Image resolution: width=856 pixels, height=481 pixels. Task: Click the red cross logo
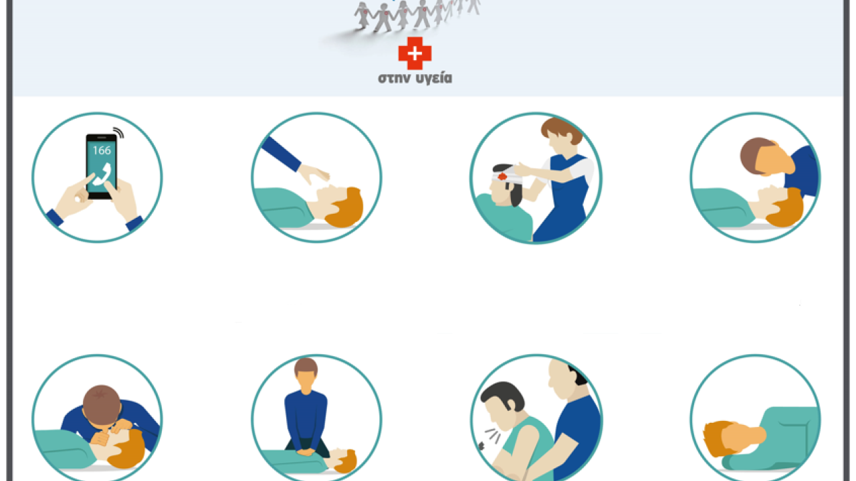(415, 53)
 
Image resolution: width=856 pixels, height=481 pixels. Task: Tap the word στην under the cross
(395, 78)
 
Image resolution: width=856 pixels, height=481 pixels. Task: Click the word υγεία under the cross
(434, 78)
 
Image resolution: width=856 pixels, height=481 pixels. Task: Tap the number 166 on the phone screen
(102, 150)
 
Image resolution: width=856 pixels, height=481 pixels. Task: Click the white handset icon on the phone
(102, 174)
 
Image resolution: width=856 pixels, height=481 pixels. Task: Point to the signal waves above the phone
(119, 132)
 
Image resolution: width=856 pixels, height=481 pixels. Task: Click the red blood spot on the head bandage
(502, 176)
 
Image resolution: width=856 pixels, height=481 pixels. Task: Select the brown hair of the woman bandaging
(561, 130)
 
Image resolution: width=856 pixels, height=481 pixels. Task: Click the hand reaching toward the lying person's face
(314, 174)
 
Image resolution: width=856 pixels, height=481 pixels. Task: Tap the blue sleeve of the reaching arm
(282, 154)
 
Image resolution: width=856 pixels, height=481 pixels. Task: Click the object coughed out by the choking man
(481, 446)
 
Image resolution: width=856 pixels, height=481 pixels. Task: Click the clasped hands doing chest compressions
(305, 452)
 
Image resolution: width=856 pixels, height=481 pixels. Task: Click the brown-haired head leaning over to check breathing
(766, 156)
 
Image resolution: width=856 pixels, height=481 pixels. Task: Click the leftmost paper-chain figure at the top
(362, 15)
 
